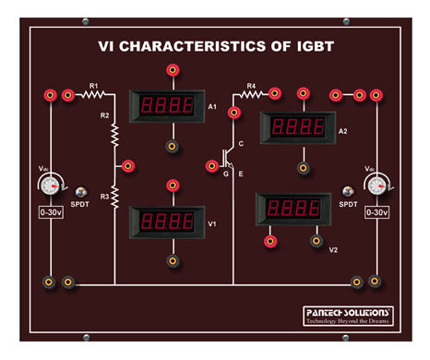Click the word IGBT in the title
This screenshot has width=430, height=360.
point(310,44)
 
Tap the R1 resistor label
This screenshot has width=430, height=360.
point(93,85)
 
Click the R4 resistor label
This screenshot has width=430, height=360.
point(250,85)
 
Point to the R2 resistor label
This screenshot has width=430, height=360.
point(104,115)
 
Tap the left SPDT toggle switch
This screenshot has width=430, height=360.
point(81,189)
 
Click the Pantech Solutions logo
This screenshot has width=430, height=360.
point(348,317)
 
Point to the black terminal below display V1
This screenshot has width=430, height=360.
point(172,262)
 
